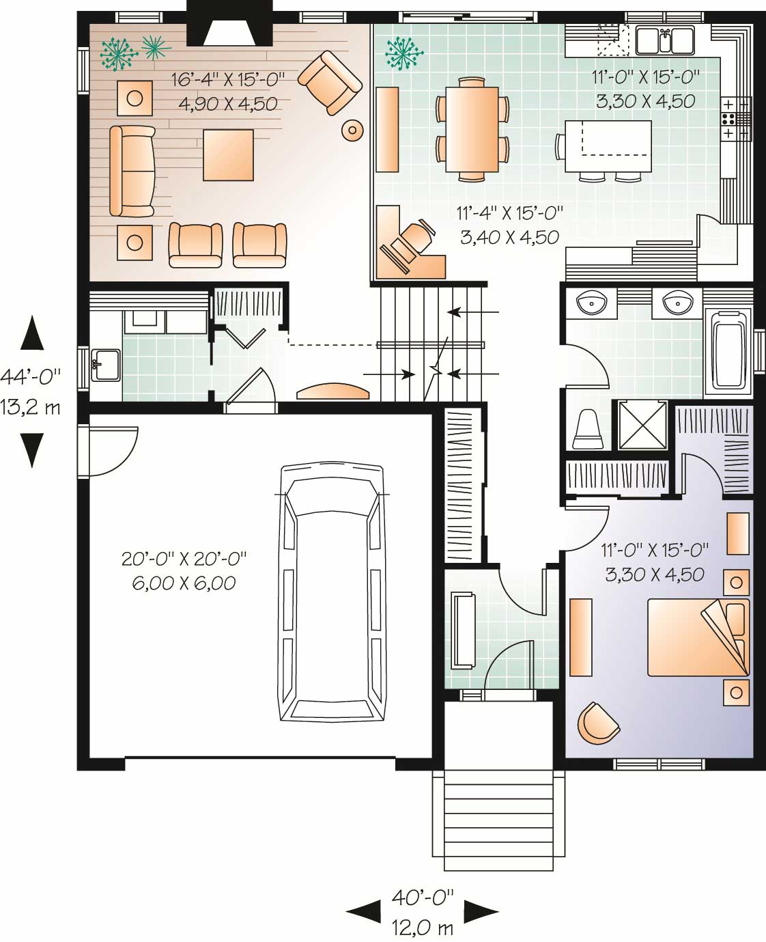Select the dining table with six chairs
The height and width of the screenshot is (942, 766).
(472, 129)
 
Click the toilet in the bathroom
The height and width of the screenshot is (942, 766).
(588, 429)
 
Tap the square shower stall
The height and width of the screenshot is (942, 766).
(642, 425)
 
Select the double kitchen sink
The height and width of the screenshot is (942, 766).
(665, 40)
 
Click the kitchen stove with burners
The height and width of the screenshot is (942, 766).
(736, 119)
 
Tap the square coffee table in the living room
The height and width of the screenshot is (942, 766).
(228, 155)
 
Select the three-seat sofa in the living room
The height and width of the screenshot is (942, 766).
(132, 171)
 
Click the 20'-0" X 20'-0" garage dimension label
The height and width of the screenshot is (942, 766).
(184, 559)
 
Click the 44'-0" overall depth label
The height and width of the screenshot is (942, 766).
(30, 377)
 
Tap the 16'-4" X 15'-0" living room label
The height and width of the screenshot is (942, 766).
(228, 79)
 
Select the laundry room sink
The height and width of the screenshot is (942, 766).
(106, 365)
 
